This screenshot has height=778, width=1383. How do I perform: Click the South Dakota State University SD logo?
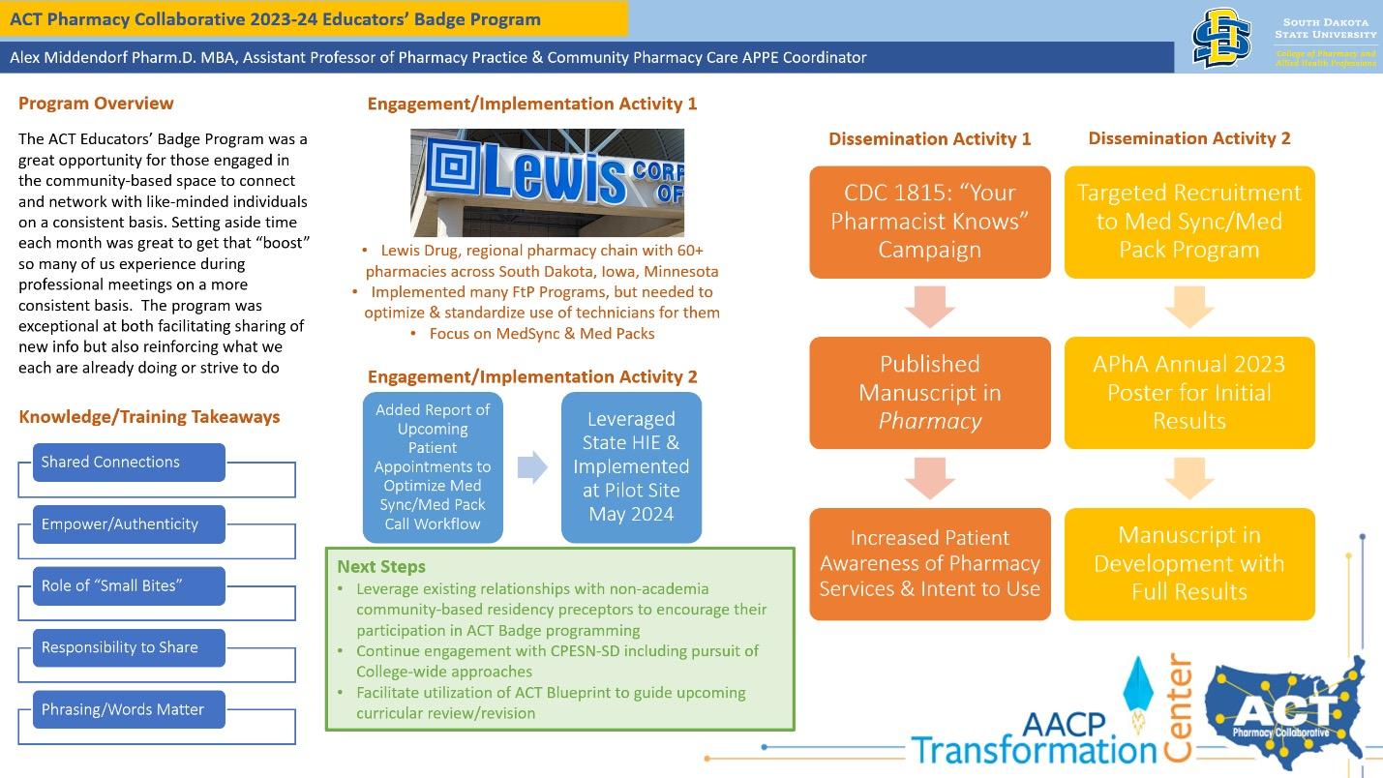pyautogui.click(x=1220, y=38)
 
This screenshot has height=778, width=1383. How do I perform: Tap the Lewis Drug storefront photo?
pyautogui.click(x=547, y=183)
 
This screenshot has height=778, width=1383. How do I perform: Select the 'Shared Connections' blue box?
pyautogui.click(x=129, y=463)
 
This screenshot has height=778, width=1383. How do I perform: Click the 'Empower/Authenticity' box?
pyautogui.click(x=129, y=524)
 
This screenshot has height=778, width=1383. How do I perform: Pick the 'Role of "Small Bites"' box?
pyautogui.click(x=129, y=586)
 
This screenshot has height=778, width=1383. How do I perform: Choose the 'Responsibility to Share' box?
pyautogui.click(x=129, y=648)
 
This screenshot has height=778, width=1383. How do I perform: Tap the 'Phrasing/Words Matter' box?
pyautogui.click(x=129, y=710)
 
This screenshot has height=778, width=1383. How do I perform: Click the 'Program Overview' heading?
pyautogui.click(x=96, y=104)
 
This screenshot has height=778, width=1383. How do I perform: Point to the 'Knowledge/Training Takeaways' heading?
pyautogui.click(x=149, y=417)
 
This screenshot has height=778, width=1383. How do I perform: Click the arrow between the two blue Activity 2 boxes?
pyautogui.click(x=532, y=467)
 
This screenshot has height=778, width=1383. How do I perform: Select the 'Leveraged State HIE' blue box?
pyautogui.click(x=631, y=466)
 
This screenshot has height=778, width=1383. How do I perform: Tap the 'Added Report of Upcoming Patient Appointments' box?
pyautogui.click(x=433, y=466)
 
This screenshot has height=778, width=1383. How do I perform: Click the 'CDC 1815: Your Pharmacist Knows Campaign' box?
pyautogui.click(x=929, y=222)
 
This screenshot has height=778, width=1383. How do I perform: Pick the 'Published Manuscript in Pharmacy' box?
pyautogui.click(x=929, y=393)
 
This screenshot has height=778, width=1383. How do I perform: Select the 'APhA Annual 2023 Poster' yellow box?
pyautogui.click(x=1189, y=393)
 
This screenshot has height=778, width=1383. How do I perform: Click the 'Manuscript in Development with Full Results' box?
pyautogui.click(x=1189, y=563)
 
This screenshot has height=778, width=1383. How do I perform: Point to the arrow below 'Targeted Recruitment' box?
pyautogui.click(x=1189, y=307)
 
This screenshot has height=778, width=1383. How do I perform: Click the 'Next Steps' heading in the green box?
pyautogui.click(x=381, y=567)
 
